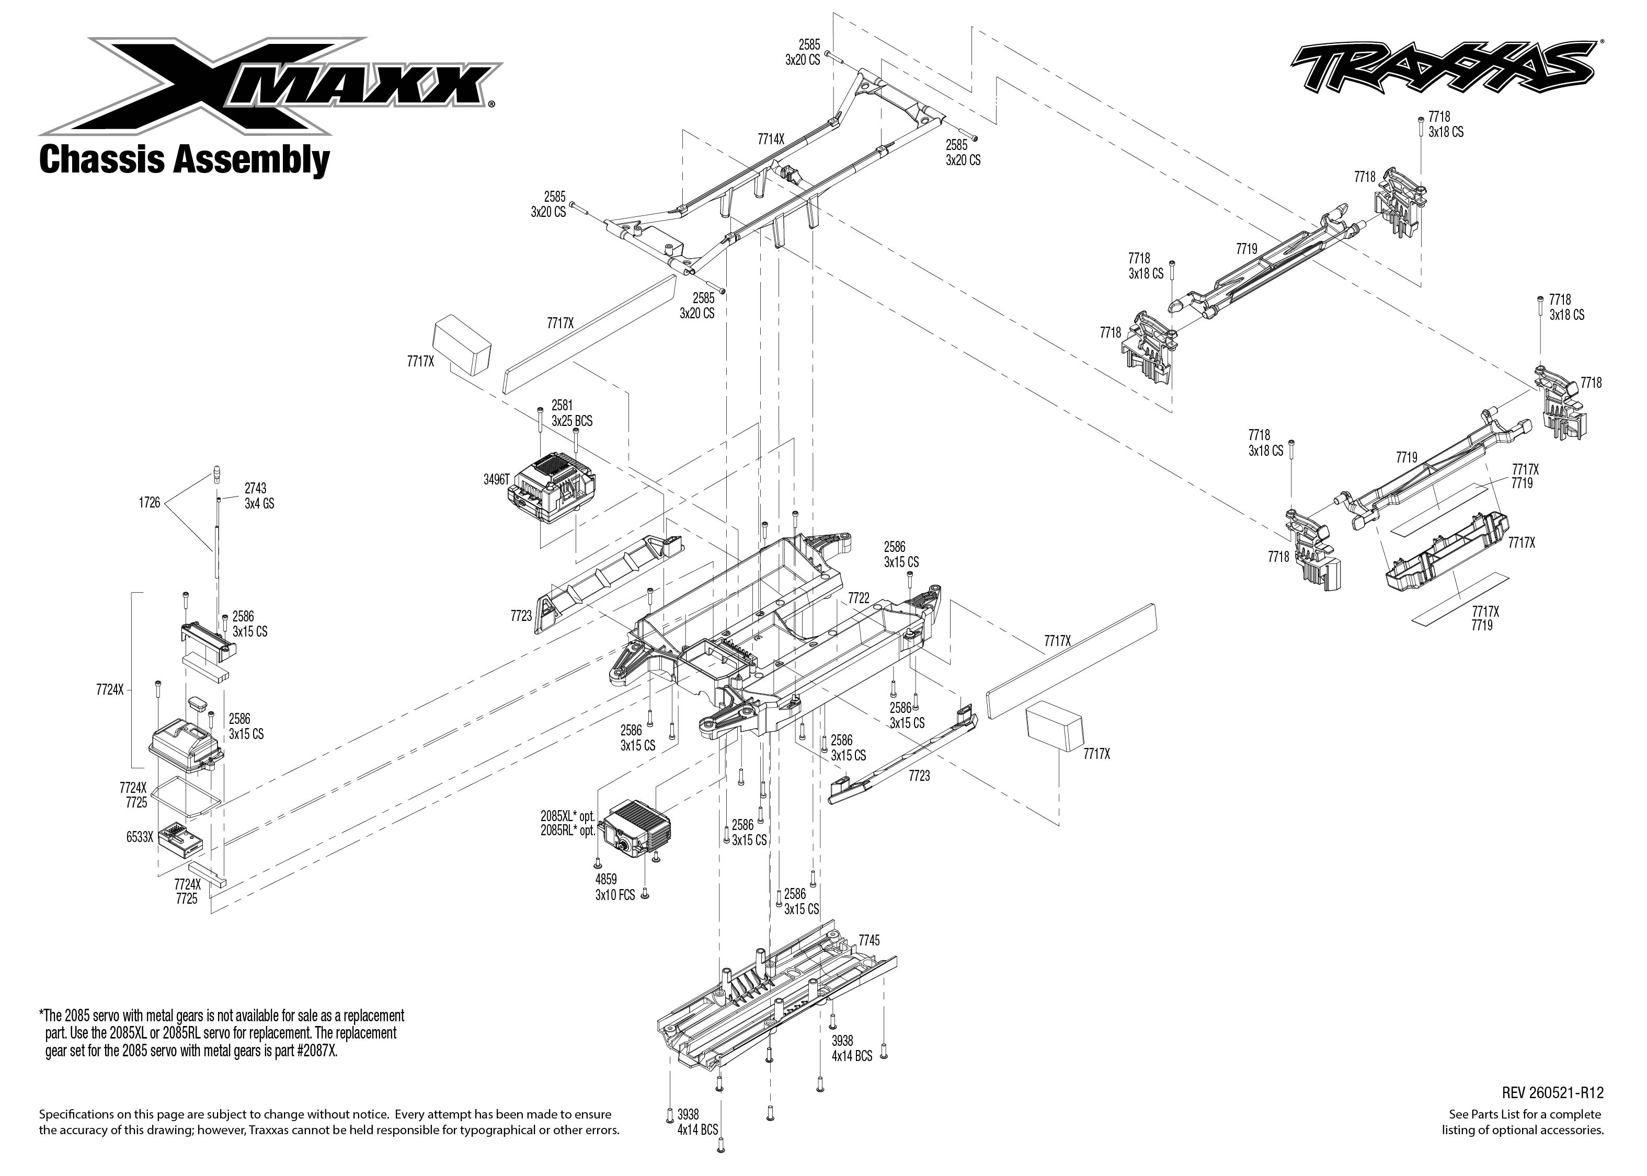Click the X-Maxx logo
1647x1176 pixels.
(268, 86)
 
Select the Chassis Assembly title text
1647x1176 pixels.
(184, 160)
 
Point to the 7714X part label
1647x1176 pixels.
(771, 139)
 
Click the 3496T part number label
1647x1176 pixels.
(496, 479)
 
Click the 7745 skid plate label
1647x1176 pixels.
(868, 941)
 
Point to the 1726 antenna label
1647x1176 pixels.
(149, 503)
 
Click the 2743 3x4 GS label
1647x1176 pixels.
(259, 496)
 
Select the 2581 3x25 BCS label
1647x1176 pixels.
(571, 413)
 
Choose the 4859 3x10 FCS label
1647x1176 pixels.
(615, 887)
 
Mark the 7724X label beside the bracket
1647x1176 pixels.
(109, 690)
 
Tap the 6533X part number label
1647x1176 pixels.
(139, 838)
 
